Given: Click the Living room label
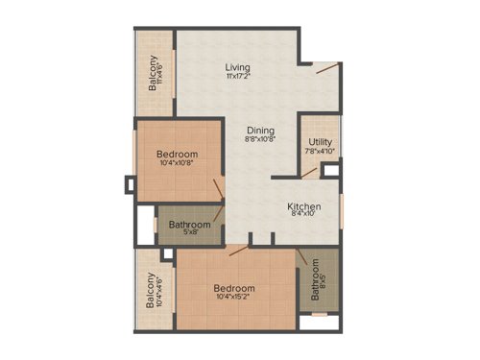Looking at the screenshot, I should pos(238,67).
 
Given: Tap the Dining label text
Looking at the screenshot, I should pos(260,131).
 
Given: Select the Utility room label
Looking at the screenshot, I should pos(320,142).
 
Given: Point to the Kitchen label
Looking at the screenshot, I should pos(303,206).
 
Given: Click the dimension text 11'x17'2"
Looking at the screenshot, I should pos(238,77).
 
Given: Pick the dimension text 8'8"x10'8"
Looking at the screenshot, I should pos(260,140).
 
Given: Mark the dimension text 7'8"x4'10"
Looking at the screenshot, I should pos(320,151).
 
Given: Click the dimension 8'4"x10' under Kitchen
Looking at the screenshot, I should pos(303,216).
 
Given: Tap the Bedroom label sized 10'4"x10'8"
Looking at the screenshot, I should pos(178,155).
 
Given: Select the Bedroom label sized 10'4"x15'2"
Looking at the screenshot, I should pos(234,289).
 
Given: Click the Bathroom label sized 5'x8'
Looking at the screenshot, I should pos(190,225).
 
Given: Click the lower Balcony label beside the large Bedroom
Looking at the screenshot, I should pos(151,291).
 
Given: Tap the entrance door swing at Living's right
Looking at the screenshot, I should pos(328,68).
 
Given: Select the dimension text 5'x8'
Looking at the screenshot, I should pos(190,233).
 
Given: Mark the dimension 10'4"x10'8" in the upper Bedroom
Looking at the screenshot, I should pos(178,164).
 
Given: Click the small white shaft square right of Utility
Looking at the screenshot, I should pos(330,173).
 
